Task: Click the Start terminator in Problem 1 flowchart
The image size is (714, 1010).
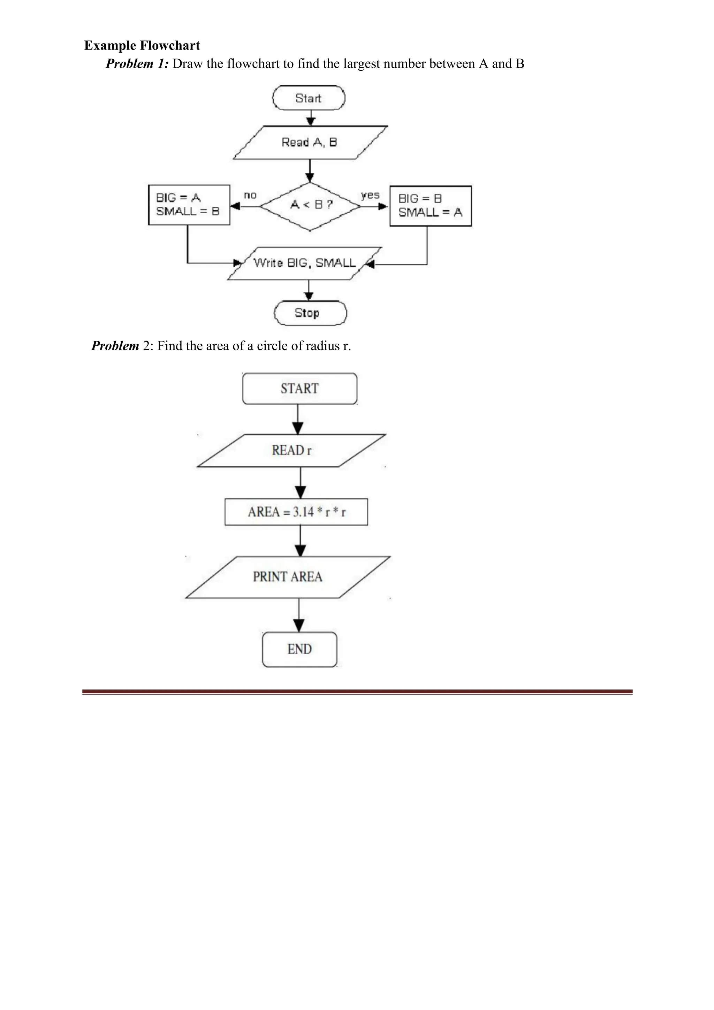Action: click(x=309, y=98)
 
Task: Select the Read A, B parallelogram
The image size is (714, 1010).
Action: click(x=310, y=143)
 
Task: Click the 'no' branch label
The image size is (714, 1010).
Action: click(x=250, y=195)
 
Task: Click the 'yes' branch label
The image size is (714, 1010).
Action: click(x=370, y=194)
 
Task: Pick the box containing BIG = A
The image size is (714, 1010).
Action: click(x=189, y=205)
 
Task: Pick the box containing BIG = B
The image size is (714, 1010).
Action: click(x=430, y=206)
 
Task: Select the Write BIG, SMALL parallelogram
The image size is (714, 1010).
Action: click(x=304, y=263)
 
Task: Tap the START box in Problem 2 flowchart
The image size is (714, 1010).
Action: click(x=299, y=389)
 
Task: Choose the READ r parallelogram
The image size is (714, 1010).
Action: click(x=291, y=450)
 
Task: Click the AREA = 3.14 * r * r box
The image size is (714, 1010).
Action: click(x=296, y=512)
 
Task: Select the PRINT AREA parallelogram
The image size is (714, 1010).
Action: click(x=288, y=577)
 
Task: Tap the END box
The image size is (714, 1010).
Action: click(x=299, y=649)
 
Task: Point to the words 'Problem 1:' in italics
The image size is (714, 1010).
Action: click(x=137, y=64)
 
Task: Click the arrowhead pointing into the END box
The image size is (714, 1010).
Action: click(x=299, y=625)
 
